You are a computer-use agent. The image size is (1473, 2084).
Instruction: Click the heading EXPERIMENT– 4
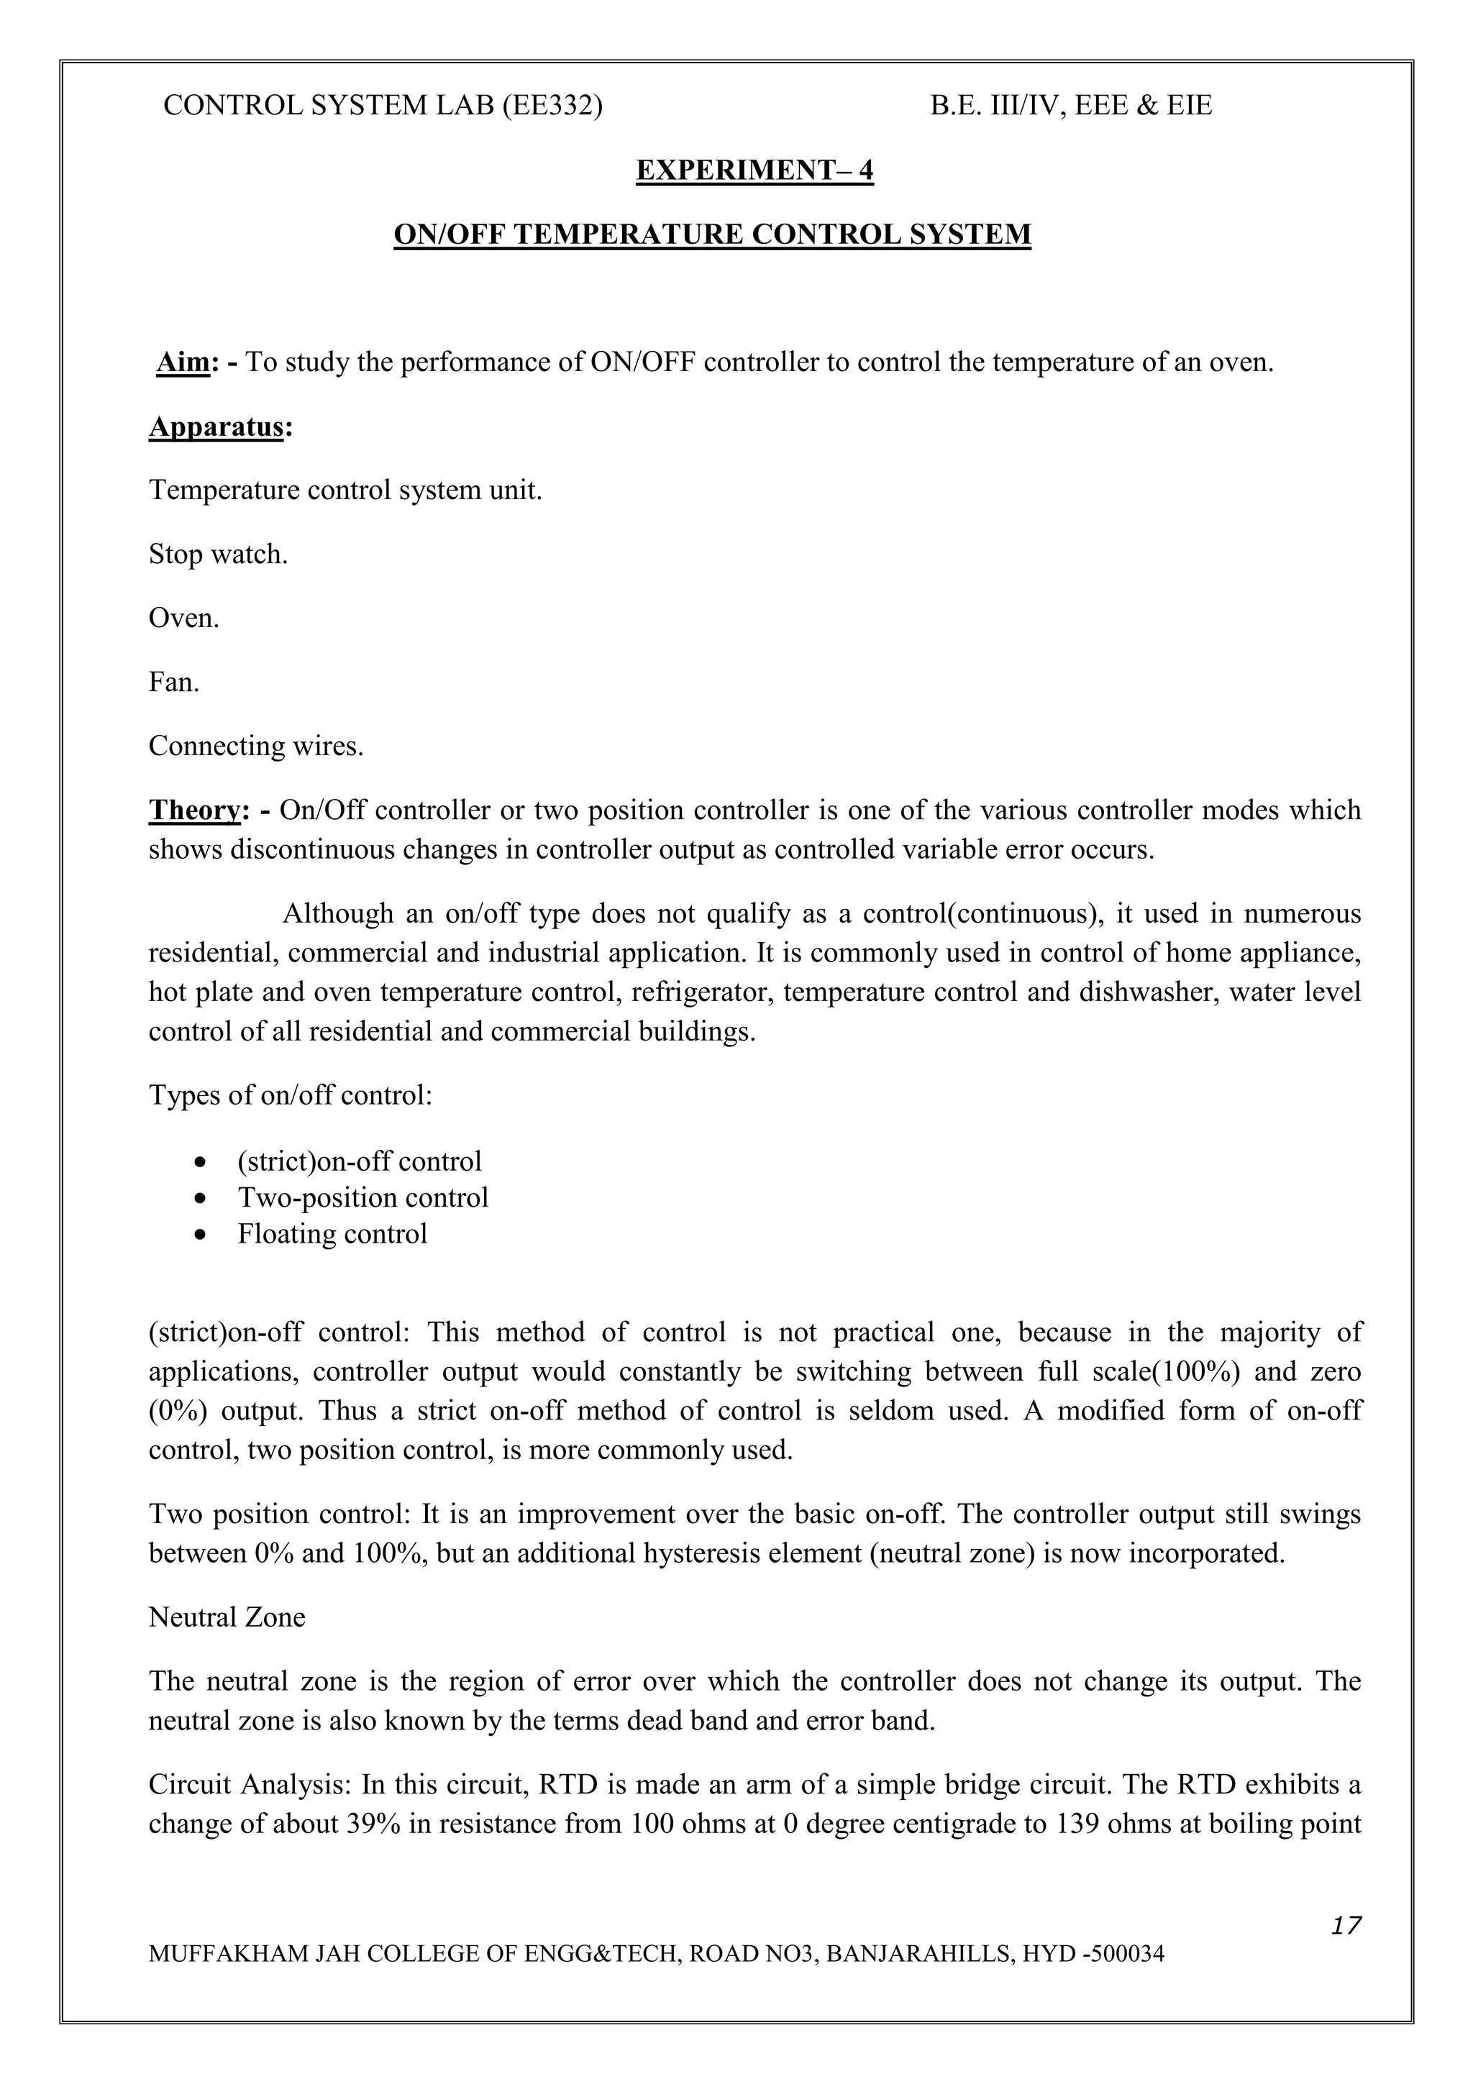coord(754,170)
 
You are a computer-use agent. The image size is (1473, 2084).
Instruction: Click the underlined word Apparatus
coord(216,426)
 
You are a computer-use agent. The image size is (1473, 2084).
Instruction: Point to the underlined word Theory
coord(193,810)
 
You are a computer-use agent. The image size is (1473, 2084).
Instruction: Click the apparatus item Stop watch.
coord(218,554)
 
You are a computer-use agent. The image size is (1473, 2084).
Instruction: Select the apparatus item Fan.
coord(173,682)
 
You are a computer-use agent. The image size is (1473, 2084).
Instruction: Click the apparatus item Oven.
coord(183,618)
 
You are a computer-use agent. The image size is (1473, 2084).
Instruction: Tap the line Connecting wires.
coord(256,746)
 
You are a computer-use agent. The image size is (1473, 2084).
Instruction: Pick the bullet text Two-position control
coord(363,1198)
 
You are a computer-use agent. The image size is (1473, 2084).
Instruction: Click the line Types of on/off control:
coord(291,1095)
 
